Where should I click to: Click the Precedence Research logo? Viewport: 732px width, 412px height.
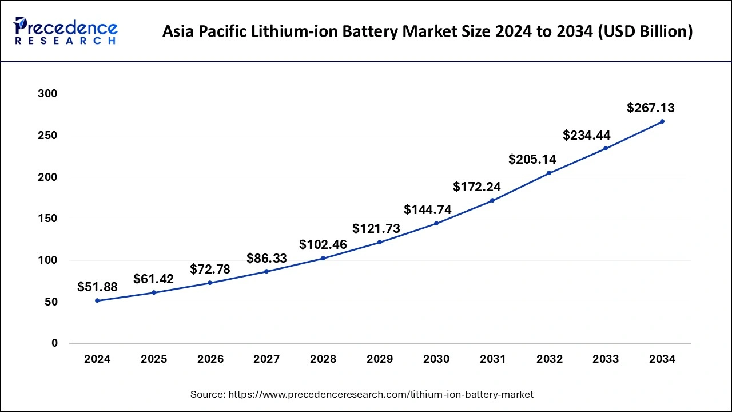tap(66, 31)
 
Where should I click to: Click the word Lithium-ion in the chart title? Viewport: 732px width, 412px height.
tap(317, 31)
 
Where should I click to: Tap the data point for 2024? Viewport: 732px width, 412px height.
tap(97, 300)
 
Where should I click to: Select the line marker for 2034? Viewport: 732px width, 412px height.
tap(662, 121)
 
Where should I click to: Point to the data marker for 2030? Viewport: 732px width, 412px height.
tap(436, 223)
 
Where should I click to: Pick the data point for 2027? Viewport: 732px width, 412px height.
tap(266, 271)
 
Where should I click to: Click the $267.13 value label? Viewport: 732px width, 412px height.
tap(651, 108)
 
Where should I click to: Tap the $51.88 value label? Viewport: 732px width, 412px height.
tap(97, 287)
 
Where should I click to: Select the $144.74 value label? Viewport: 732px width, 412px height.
tap(428, 209)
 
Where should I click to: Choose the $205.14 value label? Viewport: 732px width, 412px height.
tap(532, 160)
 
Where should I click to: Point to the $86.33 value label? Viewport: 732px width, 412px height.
tap(266, 258)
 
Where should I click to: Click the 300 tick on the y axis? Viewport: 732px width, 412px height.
tap(48, 94)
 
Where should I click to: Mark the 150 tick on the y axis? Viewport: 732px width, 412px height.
tap(48, 219)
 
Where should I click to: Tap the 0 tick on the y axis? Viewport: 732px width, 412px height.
tap(54, 343)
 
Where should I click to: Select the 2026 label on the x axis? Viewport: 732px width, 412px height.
tap(210, 359)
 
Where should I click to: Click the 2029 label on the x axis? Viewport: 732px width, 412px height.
tap(380, 359)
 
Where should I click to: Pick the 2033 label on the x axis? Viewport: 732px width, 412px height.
tap(606, 359)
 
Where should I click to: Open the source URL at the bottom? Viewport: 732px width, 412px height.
tap(380, 394)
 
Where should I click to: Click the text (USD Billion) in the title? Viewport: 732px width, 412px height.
tap(644, 31)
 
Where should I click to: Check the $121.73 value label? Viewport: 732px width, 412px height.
tap(376, 228)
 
